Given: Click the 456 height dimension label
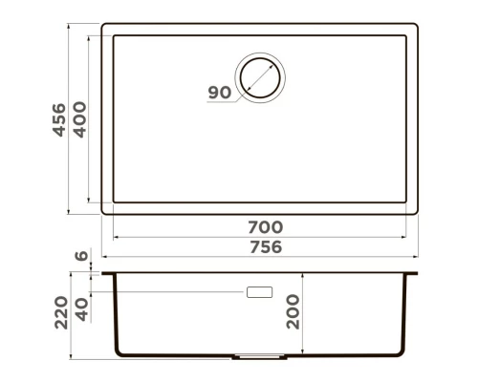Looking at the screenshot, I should (58, 119).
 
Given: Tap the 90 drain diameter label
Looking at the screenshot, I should (219, 93).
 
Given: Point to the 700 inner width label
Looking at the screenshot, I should (264, 227).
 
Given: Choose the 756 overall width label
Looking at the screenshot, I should (264, 246).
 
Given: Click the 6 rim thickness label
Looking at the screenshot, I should (80, 256).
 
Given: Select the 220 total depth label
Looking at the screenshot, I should (58, 312).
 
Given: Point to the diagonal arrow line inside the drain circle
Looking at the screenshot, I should (262, 76).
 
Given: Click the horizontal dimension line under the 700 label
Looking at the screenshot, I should (264, 238).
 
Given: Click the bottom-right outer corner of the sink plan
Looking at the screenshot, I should (419, 212).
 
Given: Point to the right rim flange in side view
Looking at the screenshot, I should (414, 274).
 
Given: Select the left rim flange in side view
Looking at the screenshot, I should (108, 274).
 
